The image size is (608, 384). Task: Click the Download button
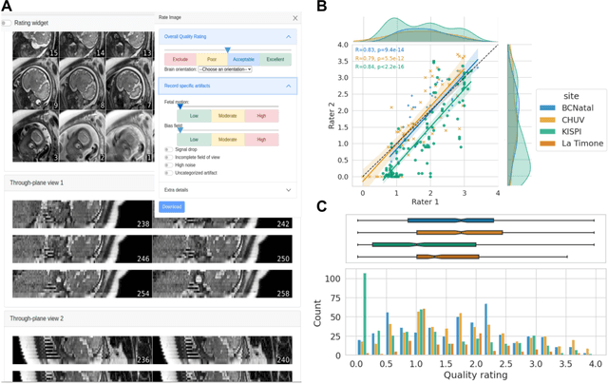(171, 206)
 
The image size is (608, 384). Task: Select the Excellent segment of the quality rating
(275, 59)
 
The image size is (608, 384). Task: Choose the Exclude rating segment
(180, 59)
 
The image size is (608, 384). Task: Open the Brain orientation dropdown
(224, 69)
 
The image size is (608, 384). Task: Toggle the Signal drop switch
(168, 149)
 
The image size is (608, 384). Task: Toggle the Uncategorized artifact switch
(168, 174)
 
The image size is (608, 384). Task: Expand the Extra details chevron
(288, 190)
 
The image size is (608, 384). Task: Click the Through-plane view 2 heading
(36, 318)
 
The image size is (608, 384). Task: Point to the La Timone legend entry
(563, 143)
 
